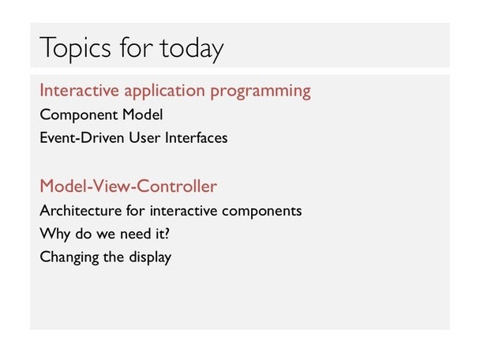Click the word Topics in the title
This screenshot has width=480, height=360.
[x=75, y=48]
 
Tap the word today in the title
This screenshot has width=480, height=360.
[x=191, y=48]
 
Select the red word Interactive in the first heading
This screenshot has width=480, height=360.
[x=79, y=90]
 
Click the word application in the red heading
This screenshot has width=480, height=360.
[x=164, y=92]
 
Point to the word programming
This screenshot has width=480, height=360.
[x=261, y=92]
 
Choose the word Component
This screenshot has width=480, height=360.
[x=79, y=115]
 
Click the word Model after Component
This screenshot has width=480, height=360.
[x=142, y=114]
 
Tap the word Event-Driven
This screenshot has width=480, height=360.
[x=82, y=137]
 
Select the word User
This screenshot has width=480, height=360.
[x=144, y=137]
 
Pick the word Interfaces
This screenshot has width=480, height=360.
[x=197, y=137]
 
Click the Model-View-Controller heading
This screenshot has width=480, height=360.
[x=128, y=186]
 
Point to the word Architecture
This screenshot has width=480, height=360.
[x=81, y=211]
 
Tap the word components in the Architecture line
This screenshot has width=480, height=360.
[x=262, y=212]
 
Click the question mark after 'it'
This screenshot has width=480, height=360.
[x=167, y=234]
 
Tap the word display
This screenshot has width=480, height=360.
[x=150, y=257]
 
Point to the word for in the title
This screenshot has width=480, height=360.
[x=136, y=47]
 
